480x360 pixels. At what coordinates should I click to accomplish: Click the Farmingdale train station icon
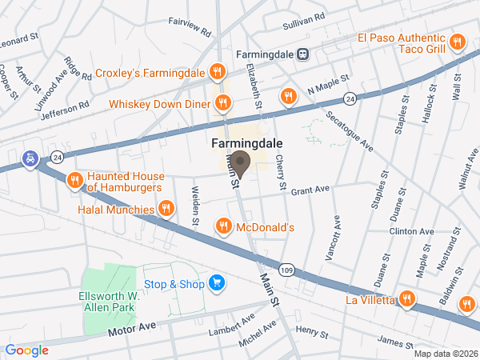point(303,54)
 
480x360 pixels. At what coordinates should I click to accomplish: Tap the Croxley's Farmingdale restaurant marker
point(216,73)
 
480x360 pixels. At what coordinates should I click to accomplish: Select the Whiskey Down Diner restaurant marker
point(223,102)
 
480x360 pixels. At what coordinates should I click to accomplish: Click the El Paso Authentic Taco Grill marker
point(457,42)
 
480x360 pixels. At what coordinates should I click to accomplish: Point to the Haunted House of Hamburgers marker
point(74,179)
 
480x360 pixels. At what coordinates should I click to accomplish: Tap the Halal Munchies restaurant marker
point(166,209)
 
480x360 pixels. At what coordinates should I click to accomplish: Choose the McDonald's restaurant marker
point(223,227)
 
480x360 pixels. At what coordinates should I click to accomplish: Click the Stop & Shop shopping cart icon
point(215,282)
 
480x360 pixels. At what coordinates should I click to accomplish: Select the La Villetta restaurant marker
point(407,299)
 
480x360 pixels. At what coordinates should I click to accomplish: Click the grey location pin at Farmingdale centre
point(240,163)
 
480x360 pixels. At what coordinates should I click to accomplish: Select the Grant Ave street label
point(310,190)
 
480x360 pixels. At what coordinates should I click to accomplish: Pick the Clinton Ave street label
point(410,231)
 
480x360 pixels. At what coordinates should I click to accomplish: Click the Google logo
point(26,350)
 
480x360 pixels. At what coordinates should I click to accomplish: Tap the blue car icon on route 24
point(30,158)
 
